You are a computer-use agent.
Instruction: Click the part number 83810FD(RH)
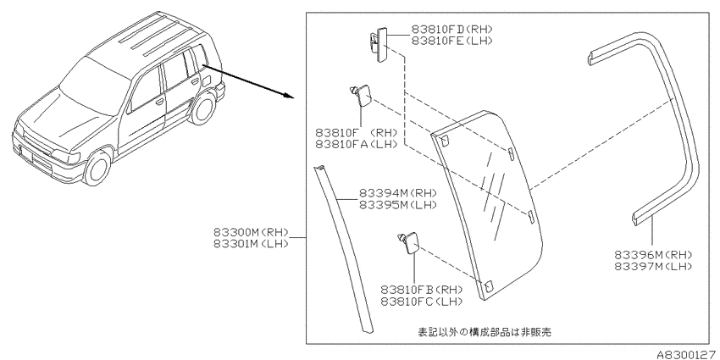[x=451, y=29]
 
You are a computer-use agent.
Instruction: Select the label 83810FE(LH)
[x=451, y=41]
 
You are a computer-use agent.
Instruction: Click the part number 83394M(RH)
[x=397, y=193]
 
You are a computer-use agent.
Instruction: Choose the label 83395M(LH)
[x=397, y=205]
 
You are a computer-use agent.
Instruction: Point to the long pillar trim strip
[x=345, y=246]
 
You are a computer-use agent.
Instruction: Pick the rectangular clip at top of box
[x=379, y=42]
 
